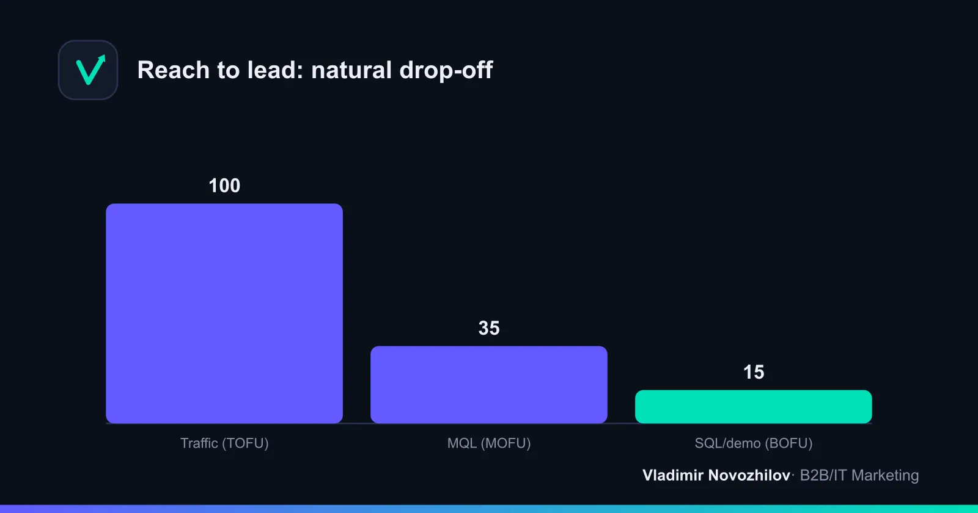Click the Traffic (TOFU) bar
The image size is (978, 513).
[224, 313]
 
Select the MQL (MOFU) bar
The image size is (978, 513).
[488, 384]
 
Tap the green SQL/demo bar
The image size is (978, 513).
[753, 407]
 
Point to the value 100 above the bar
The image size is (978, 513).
[224, 186]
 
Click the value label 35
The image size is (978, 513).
[489, 328]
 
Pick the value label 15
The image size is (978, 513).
[754, 372]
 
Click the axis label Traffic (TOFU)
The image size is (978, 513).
[224, 443]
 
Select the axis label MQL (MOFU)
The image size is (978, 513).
[489, 443]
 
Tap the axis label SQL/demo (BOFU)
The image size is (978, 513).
[754, 443]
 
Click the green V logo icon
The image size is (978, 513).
[89, 70]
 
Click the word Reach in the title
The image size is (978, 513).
[174, 70]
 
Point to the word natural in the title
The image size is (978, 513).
[351, 70]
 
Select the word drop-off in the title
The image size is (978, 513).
[446, 70]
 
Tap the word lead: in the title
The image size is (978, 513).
[275, 70]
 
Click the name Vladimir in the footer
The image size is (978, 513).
[672, 475]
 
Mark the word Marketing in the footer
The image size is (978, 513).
[885, 476]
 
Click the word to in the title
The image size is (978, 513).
[228, 70]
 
